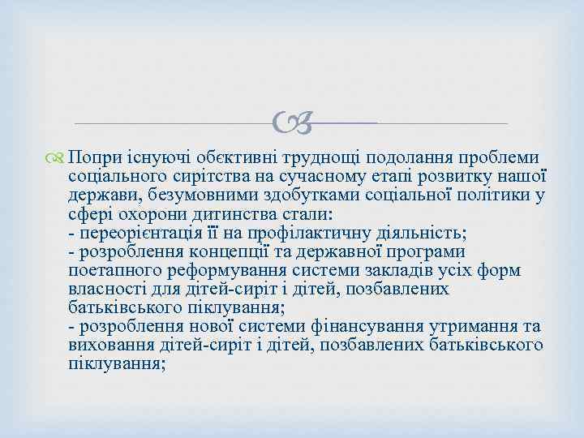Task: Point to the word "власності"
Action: point(108,290)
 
